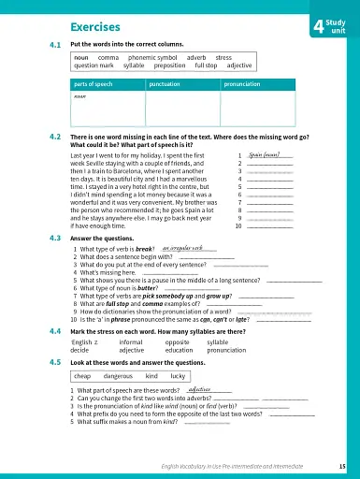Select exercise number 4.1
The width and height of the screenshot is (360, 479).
[x=55, y=45]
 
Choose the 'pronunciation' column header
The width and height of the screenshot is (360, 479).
[x=245, y=84]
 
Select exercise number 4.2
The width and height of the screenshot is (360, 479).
[x=55, y=137]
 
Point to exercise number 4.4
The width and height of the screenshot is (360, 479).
[x=55, y=331]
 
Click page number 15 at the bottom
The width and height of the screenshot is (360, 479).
[x=343, y=465]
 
